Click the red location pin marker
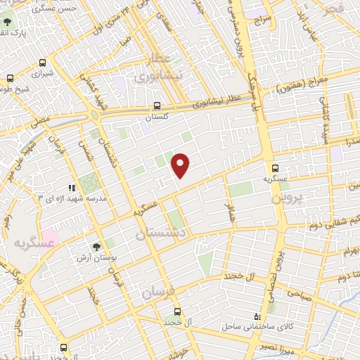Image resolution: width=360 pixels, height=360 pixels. [x=181, y=164]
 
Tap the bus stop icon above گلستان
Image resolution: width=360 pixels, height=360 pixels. [x=157, y=105]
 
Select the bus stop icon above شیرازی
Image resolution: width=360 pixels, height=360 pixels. [x=44, y=61]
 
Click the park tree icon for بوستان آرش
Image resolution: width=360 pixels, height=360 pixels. [x=95, y=247]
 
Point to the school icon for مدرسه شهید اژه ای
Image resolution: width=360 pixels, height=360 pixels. [x=72, y=188]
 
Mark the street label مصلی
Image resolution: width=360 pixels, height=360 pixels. [x=40, y=121]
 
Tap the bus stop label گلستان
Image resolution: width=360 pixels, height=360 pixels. [x=157, y=117]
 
